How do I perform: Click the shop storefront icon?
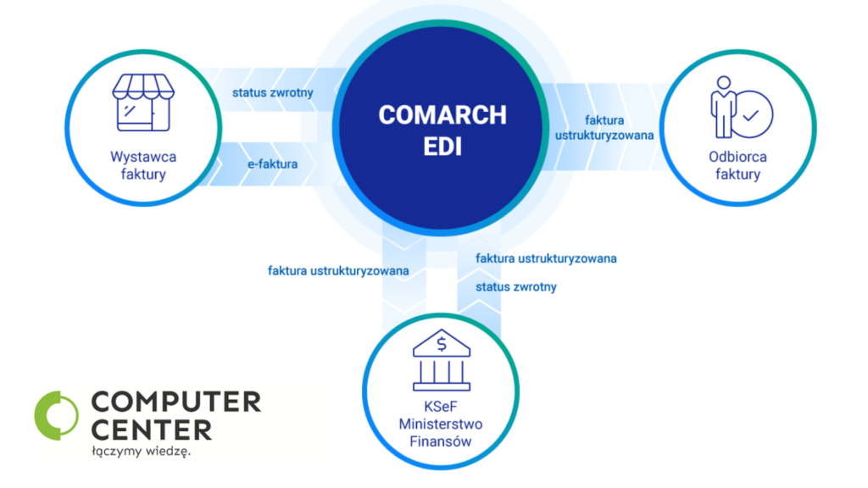coord(143,103)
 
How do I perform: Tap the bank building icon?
coord(441,360)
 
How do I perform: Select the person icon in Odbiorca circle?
coord(722,107)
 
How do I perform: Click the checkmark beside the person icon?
coord(751,115)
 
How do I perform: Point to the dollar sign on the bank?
coord(441,344)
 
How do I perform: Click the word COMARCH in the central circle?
coord(442,115)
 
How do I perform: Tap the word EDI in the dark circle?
coord(442,147)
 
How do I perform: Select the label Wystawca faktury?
coord(143,165)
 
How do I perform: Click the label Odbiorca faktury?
coord(737,165)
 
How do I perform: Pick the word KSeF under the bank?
coord(441,407)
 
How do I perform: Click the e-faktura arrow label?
coord(272,164)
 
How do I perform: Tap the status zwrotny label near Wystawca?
coord(272,92)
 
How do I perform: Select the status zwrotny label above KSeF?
coord(516,286)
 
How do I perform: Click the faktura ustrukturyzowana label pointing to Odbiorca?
coord(604,128)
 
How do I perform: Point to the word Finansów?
coord(441,441)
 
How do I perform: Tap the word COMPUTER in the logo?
coord(176,402)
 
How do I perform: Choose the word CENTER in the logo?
coord(152,430)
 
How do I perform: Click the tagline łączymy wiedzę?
coord(142,451)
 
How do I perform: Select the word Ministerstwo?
coord(441,424)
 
